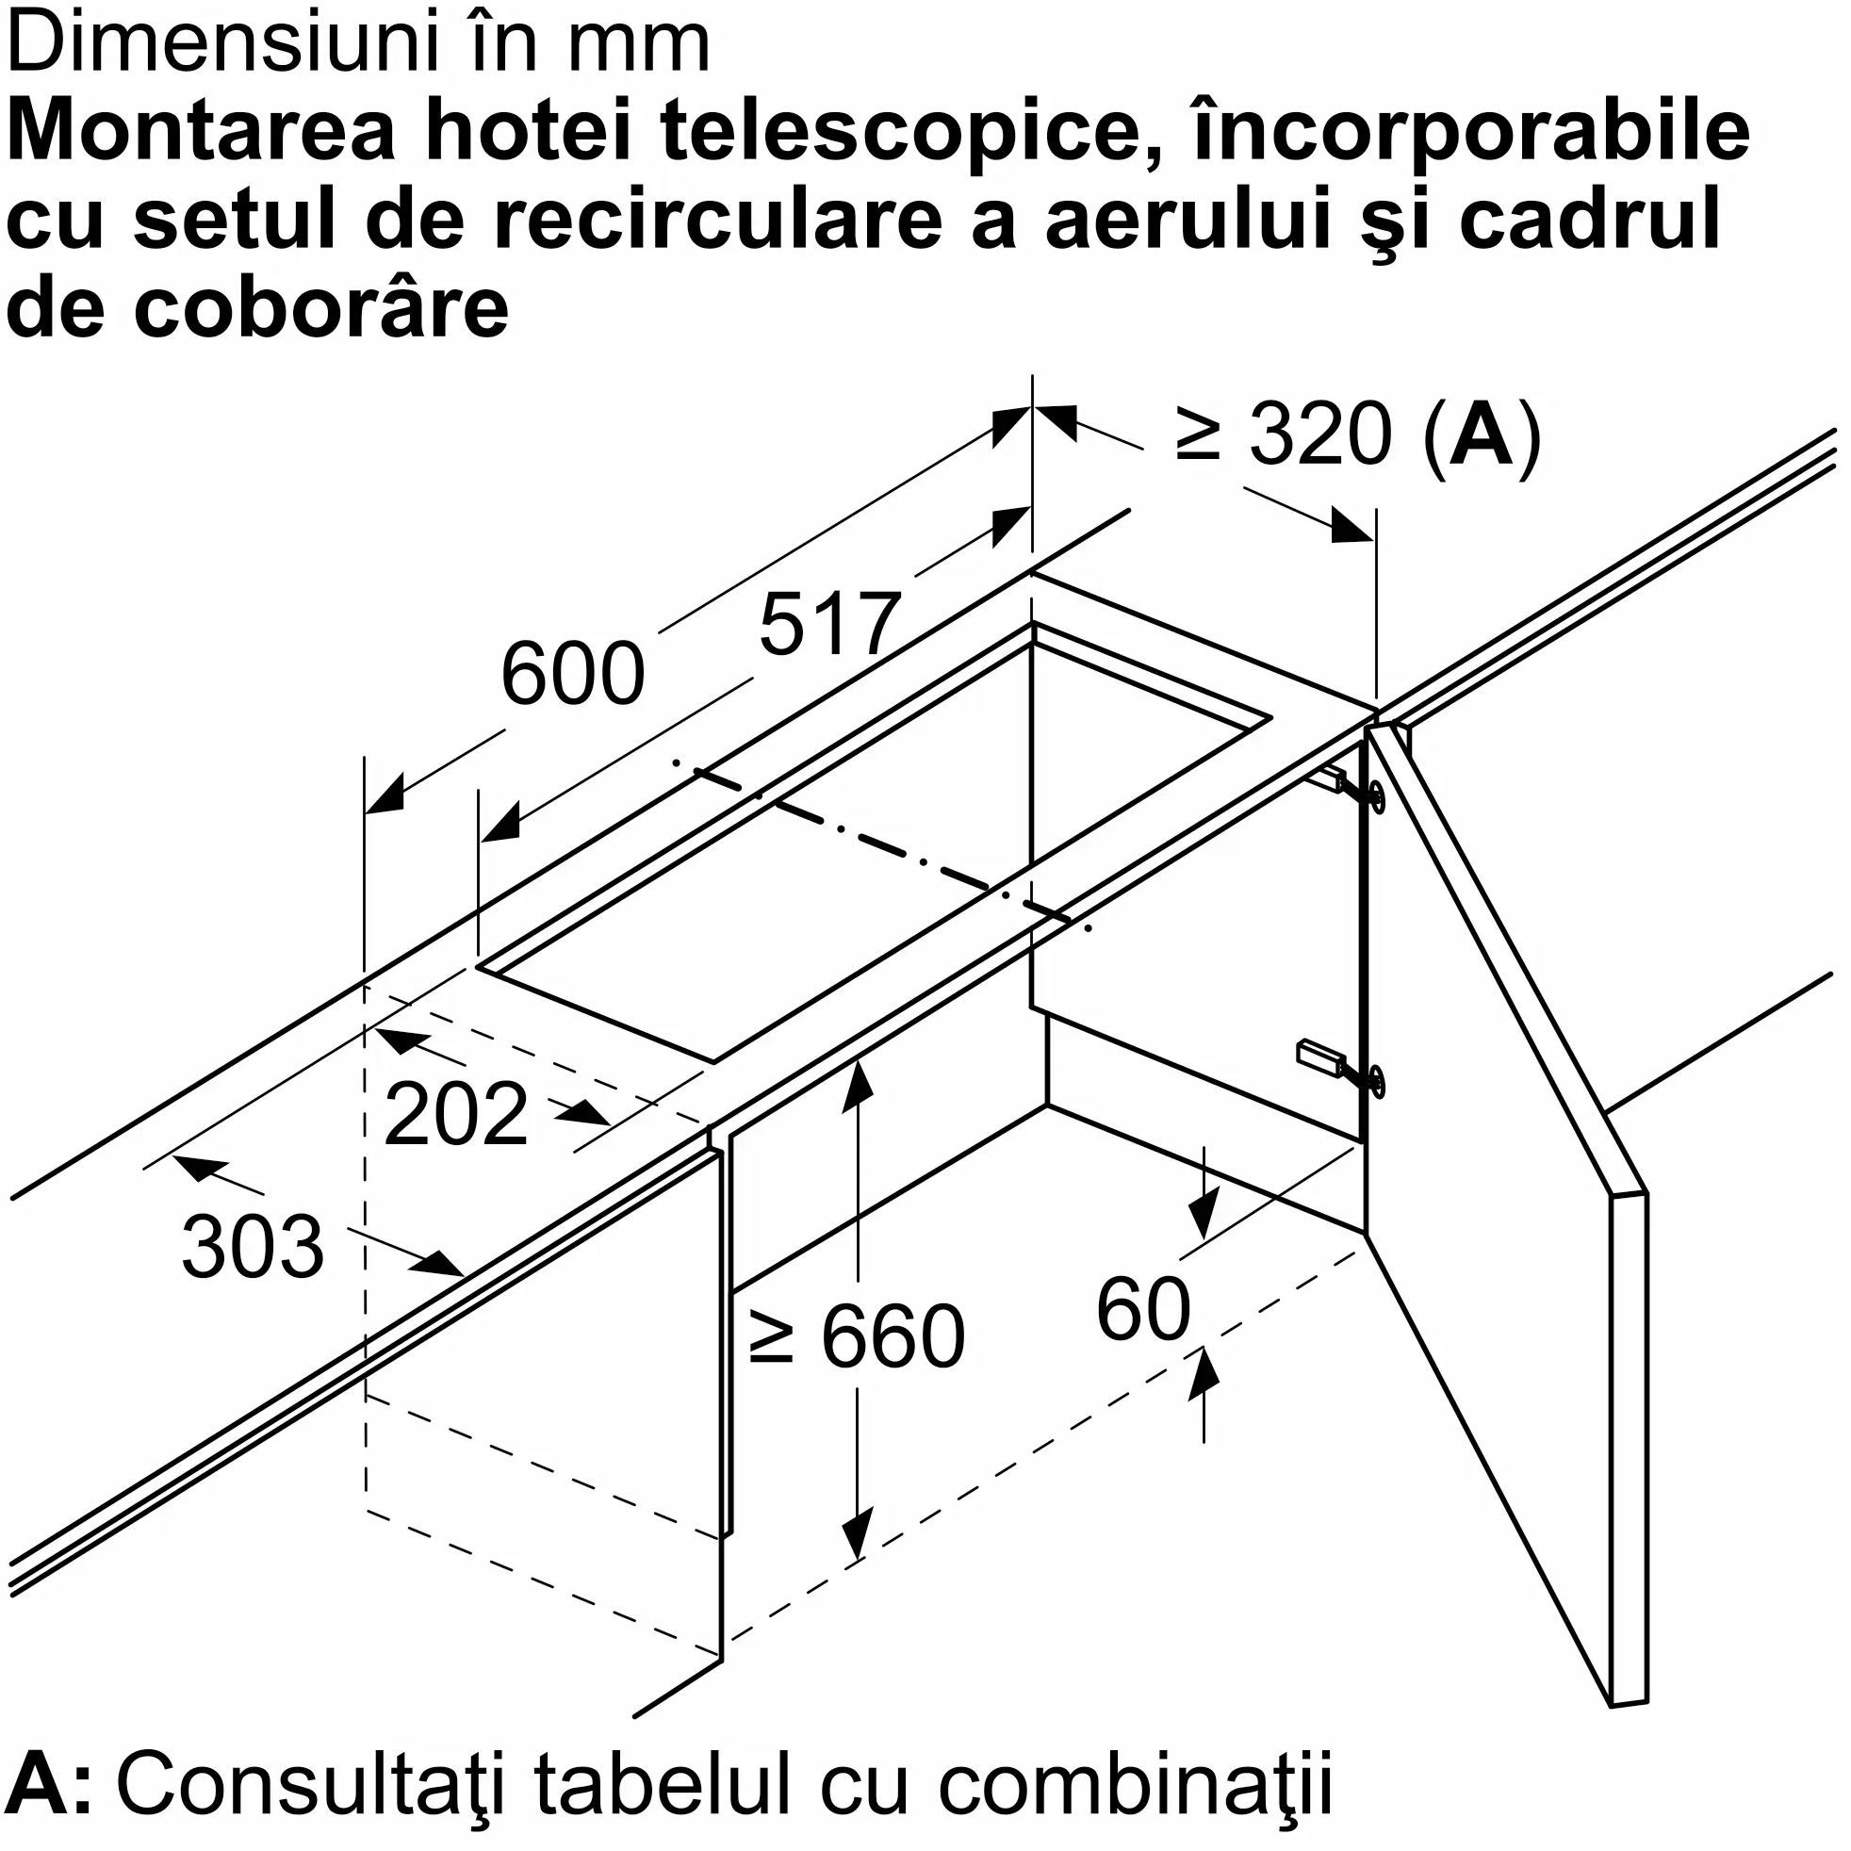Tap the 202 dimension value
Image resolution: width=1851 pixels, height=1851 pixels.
[456, 1113]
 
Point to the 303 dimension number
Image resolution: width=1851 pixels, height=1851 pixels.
[253, 1247]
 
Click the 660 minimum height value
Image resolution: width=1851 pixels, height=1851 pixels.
[893, 1336]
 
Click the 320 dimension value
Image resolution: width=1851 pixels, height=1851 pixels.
[1320, 435]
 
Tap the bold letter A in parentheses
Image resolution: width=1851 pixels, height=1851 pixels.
[1481, 435]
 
